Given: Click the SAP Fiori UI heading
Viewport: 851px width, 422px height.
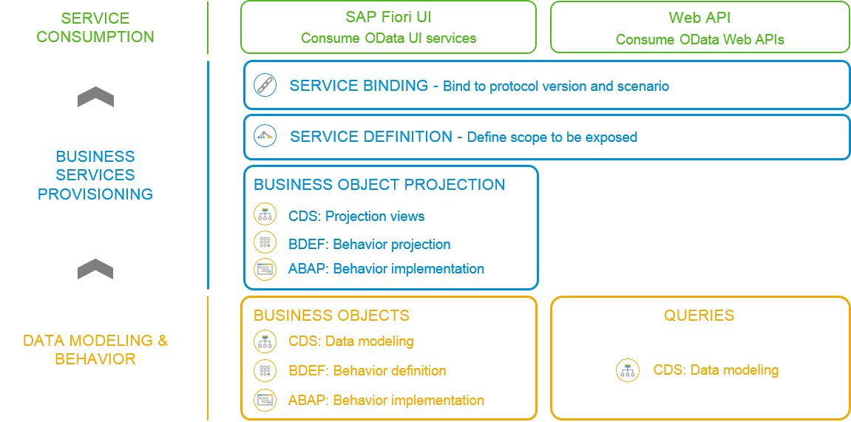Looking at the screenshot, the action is tap(388, 17).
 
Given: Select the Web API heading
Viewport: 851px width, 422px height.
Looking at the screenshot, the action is tap(699, 17).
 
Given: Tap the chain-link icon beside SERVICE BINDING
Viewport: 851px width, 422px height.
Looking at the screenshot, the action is tap(265, 86).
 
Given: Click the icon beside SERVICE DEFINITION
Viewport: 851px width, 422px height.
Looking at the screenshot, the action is tap(265, 135).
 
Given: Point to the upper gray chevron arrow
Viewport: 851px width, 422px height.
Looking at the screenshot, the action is tap(95, 97).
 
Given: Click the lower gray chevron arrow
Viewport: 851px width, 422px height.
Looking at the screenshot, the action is tap(95, 269).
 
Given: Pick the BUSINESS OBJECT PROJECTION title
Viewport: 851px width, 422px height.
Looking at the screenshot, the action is tap(379, 185).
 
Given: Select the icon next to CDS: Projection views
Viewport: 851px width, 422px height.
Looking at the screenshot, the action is tap(265, 215).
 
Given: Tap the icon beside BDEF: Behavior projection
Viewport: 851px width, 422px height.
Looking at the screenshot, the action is tap(265, 242).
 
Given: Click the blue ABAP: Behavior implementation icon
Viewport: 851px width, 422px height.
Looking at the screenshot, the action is tap(265, 269).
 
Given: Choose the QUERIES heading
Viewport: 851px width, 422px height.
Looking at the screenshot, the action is tap(699, 315).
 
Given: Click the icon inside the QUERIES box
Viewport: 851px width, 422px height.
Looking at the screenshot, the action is tap(628, 370).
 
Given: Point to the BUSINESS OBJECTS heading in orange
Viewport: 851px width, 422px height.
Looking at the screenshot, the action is tap(332, 315).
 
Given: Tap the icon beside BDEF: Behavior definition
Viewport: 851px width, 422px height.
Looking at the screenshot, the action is tap(265, 370).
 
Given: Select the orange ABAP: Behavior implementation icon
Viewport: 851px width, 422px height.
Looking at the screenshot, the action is tap(265, 401).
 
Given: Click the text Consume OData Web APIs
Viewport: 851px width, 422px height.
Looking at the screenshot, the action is tap(699, 40).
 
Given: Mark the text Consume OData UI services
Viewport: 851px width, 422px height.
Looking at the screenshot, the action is tap(389, 38).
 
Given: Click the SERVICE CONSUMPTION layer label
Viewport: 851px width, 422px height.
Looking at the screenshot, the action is tap(95, 27).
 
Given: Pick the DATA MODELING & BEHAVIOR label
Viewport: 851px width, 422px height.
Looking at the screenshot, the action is tap(95, 350).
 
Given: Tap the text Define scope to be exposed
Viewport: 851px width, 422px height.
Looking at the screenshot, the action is tap(552, 137).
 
